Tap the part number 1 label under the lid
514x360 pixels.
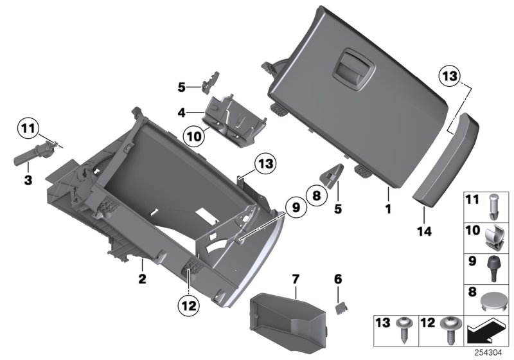[x=387, y=209]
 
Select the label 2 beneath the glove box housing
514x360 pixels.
[x=142, y=280]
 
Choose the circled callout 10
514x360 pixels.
[x=191, y=135]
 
